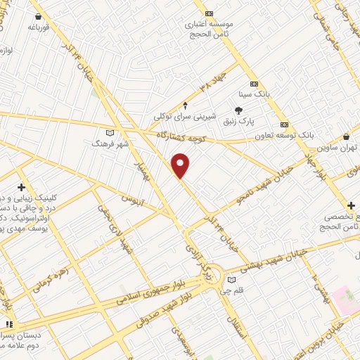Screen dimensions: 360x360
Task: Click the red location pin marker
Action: (x=181, y=165)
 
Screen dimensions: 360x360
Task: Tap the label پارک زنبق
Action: (x=237, y=122)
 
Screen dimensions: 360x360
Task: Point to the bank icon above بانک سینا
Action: (x=254, y=82)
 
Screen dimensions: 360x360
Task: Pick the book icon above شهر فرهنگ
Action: (x=108, y=132)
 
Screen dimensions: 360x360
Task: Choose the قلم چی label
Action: (x=241, y=290)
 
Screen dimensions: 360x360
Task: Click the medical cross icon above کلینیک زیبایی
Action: (x=22, y=188)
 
